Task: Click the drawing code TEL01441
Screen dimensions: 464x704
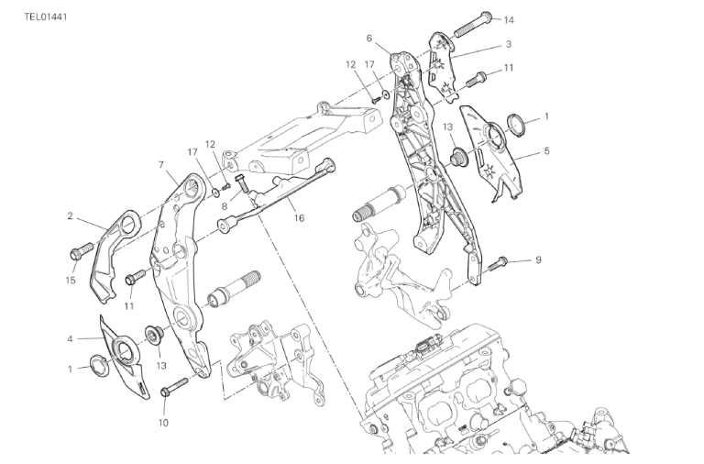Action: point(45,17)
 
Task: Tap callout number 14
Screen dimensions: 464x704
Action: point(510,19)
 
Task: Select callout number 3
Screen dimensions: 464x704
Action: point(508,44)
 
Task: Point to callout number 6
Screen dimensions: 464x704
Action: point(368,39)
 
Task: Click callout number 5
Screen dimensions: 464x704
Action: point(546,150)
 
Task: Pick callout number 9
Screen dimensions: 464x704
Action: point(539,260)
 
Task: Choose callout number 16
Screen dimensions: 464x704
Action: point(298,217)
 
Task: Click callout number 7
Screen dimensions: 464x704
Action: point(160,165)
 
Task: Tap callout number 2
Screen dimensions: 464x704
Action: point(70,216)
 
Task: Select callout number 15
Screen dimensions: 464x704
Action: point(70,280)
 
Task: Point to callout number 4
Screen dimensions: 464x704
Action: point(70,338)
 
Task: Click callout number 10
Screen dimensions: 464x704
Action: point(163,422)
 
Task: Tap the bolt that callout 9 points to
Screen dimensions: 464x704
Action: point(498,264)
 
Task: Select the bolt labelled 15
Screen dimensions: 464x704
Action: point(80,249)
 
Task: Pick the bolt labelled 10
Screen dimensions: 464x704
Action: point(168,392)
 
